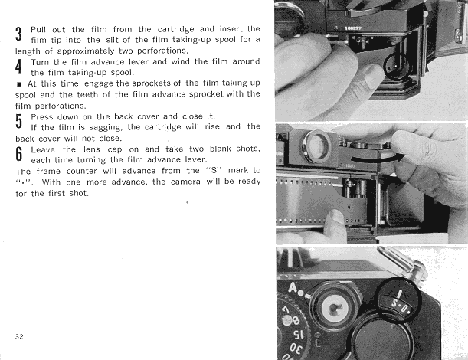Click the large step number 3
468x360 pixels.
tap(18, 34)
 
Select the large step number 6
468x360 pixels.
tap(18, 155)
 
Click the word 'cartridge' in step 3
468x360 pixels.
tap(169, 28)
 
